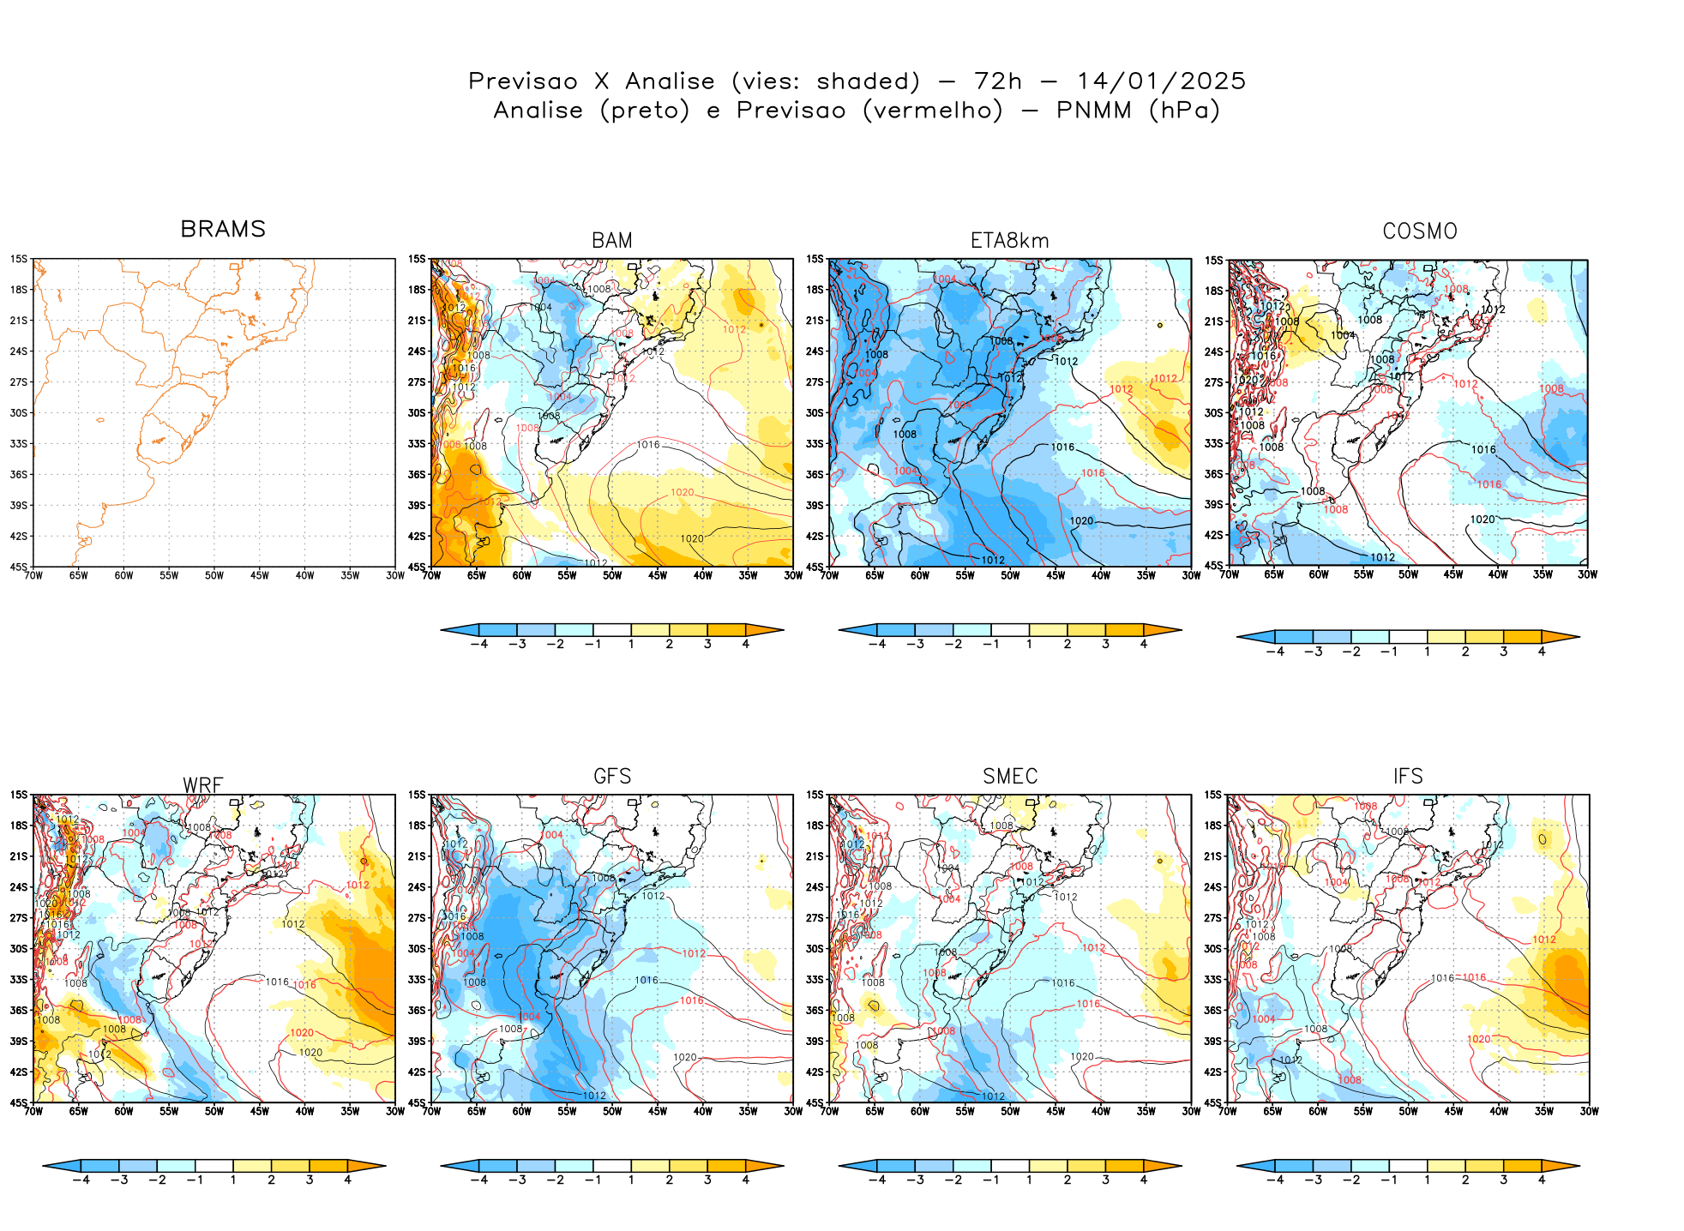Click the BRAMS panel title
pos(223,229)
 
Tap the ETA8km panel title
pos(1009,241)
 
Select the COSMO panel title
pos(1419,231)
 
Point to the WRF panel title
pos(203,785)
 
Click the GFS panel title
pos(612,776)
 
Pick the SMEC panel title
pos(1010,776)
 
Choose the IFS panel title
pos(1408,776)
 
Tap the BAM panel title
pos(612,241)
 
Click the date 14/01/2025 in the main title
pos(1160,81)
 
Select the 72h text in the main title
pos(997,81)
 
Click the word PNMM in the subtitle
pos(1094,111)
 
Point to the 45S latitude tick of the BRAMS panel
pos(19,567)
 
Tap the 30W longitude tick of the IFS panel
pos(1589,1111)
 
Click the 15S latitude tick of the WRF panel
pos(19,795)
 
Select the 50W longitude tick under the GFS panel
pos(612,1111)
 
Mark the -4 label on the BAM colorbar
pos(478,644)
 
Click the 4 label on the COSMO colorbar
pos(1541,652)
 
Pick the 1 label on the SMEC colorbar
pos(1029,1180)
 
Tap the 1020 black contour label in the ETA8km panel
pos(1081,520)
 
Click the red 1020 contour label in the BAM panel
pos(682,492)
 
